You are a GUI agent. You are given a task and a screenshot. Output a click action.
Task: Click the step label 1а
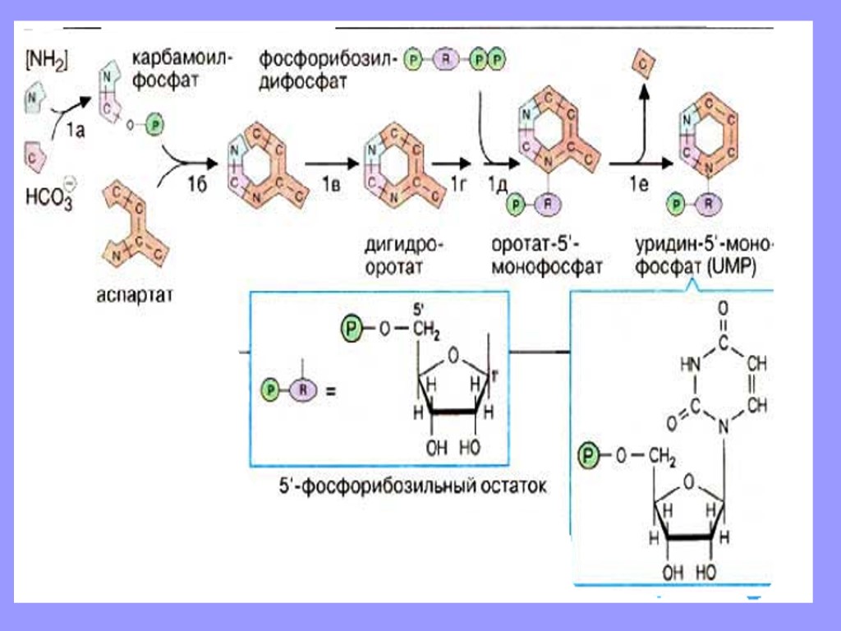pyautogui.click(x=74, y=128)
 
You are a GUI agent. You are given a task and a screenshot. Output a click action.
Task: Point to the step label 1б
pyautogui.click(x=195, y=186)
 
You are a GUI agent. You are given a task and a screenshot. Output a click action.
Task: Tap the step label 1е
pyautogui.click(x=640, y=186)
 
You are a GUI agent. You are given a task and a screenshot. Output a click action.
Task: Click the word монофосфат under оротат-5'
pyautogui.click(x=547, y=267)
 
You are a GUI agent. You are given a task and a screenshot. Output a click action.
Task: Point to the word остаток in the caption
pyautogui.click(x=509, y=486)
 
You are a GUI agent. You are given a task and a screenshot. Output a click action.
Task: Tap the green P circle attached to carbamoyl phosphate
pyautogui.click(x=157, y=124)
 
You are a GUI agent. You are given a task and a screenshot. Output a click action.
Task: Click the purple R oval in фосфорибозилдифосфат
pyautogui.click(x=446, y=62)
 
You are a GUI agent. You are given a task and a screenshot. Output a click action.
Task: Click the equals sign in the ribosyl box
pyautogui.click(x=333, y=391)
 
